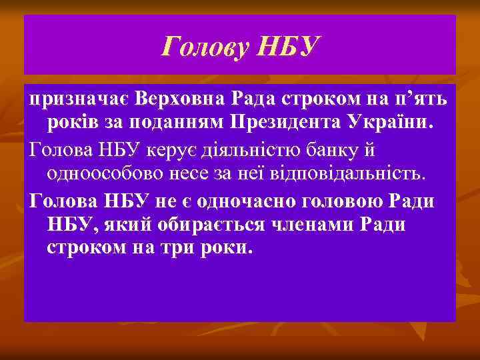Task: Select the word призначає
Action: click(x=79, y=100)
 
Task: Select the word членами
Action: click(x=321, y=224)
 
